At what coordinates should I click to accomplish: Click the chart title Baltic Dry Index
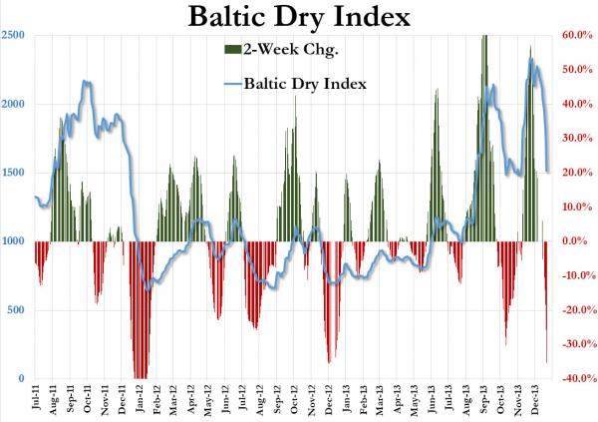tap(298, 17)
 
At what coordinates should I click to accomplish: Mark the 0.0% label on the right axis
tap(579, 241)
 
